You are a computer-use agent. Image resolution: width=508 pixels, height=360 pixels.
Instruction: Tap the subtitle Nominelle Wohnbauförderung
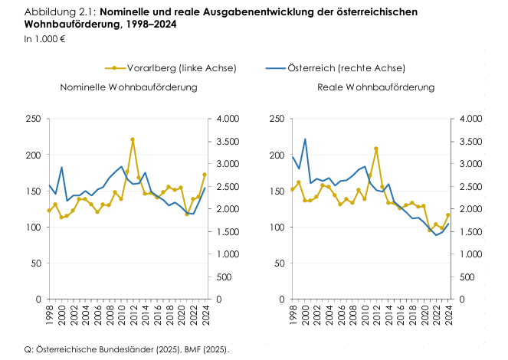coord(129,87)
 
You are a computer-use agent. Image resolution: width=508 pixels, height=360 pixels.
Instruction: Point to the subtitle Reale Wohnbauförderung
coord(375,87)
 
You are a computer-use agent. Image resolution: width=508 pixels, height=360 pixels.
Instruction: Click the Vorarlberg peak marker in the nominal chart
coord(133,139)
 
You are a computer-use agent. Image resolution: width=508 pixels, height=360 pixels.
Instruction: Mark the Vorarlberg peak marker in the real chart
coord(376,149)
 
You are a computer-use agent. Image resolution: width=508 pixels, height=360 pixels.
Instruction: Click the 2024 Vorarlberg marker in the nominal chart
coord(205,175)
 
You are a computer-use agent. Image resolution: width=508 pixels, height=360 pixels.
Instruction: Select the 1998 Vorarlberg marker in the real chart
coord(293,189)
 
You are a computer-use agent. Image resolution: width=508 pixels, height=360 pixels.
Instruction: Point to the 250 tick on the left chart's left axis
coord(33,119)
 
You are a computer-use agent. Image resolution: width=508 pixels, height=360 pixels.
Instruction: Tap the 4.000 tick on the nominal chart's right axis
coord(230,119)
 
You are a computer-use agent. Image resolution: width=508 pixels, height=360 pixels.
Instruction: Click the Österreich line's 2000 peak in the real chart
coord(305,139)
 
